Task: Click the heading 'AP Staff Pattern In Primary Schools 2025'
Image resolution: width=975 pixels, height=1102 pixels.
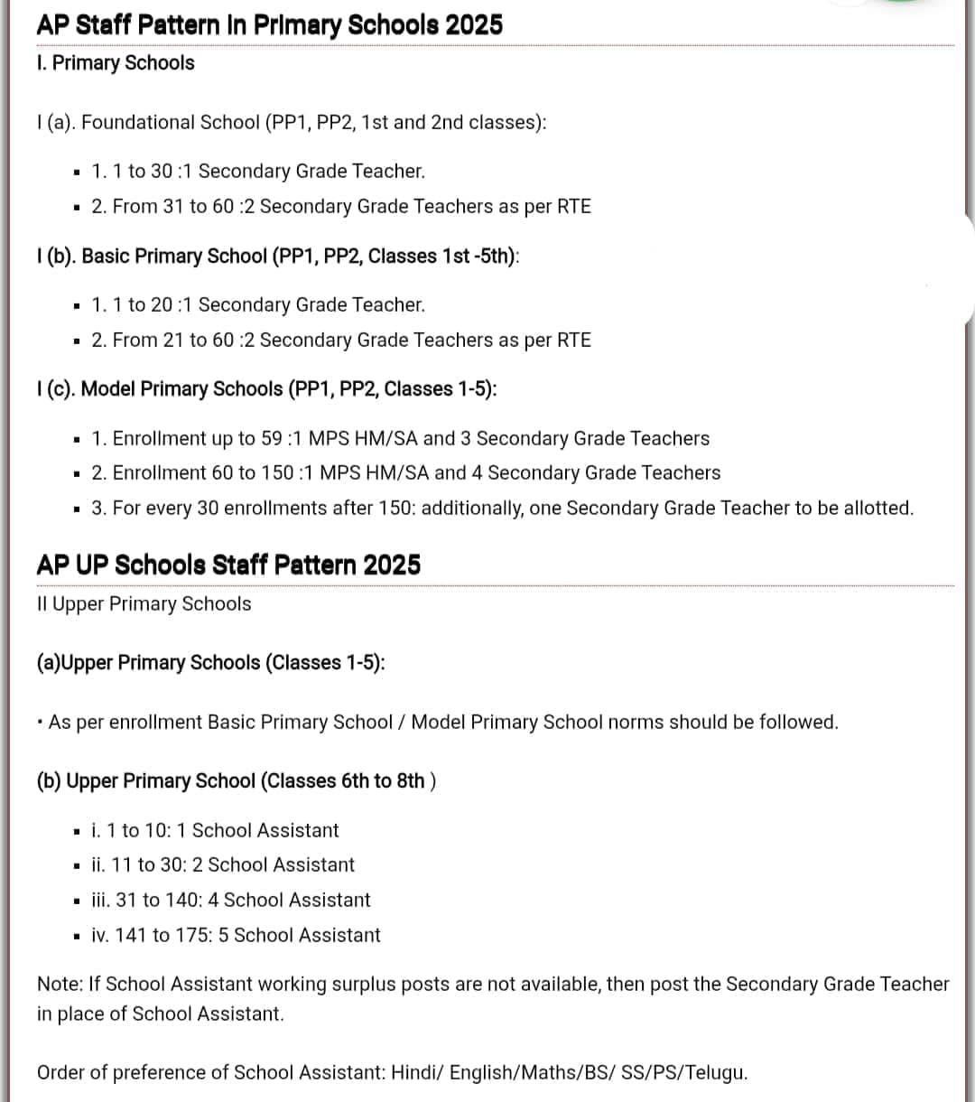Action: [269, 24]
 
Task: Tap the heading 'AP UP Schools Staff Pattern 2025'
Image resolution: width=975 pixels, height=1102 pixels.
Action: [228, 565]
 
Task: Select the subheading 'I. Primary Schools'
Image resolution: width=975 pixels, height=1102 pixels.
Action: [116, 63]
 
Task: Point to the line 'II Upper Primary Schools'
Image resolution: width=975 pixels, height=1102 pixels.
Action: [144, 603]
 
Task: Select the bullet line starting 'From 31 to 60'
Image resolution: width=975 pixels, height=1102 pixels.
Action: [341, 207]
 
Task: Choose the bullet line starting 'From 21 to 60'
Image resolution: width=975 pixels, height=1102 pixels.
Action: [341, 341]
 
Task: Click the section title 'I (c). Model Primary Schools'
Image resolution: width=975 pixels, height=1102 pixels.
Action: [266, 389]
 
